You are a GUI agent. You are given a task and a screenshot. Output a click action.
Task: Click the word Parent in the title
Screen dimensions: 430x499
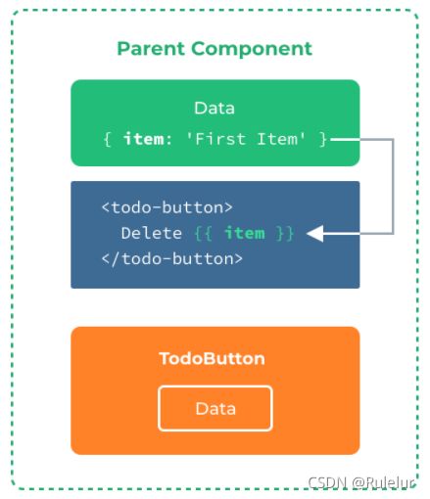click(151, 49)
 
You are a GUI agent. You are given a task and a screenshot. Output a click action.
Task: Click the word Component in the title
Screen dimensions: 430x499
click(252, 49)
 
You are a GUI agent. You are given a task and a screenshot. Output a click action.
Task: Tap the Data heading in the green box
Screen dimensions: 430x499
click(215, 108)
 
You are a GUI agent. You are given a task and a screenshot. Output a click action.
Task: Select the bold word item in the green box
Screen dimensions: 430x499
click(144, 139)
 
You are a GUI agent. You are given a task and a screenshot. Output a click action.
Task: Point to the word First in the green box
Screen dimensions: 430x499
click(215, 139)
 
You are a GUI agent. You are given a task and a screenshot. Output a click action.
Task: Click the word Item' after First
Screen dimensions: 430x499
click(281, 139)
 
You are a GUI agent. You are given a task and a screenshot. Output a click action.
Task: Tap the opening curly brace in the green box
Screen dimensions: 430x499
click(107, 140)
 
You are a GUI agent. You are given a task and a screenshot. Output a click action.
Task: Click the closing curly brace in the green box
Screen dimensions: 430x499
click(322, 140)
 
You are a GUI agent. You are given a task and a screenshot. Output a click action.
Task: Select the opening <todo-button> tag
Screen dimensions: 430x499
click(167, 207)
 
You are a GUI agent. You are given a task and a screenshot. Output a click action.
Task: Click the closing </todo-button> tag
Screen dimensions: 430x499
click(172, 259)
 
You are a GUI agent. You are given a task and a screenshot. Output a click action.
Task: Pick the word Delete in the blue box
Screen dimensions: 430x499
click(152, 233)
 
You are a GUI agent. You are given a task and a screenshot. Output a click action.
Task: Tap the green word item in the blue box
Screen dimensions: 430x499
click(245, 233)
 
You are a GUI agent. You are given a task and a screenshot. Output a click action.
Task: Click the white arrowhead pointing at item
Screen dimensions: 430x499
click(315, 234)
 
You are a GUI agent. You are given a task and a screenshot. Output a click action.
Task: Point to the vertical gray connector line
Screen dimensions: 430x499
click(393, 187)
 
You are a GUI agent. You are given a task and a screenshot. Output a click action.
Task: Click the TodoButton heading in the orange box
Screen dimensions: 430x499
click(212, 358)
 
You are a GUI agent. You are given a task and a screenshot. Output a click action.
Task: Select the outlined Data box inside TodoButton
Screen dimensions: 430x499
click(215, 386)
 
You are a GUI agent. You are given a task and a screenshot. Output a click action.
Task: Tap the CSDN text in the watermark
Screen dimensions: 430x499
click(327, 482)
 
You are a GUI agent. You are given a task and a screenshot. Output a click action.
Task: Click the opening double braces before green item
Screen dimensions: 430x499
click(204, 234)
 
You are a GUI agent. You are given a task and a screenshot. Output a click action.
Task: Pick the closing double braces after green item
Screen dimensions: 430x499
click(285, 234)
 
